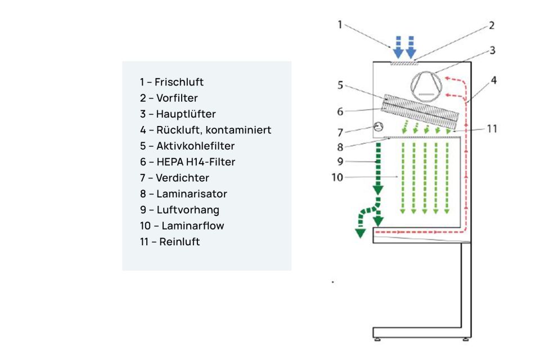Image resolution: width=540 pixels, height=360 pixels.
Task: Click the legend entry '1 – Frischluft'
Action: tap(172, 82)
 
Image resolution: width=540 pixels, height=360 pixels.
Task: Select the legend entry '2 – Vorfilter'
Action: tap(169, 98)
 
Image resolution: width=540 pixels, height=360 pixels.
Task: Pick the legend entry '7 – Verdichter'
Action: tap(174, 178)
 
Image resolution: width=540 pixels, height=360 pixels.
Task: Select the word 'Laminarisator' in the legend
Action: tap(191, 194)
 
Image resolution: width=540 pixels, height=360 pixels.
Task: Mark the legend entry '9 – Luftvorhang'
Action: tap(179, 210)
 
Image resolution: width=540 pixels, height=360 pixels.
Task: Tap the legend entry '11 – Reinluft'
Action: tap(170, 242)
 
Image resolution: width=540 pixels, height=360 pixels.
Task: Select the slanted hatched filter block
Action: tap(422, 111)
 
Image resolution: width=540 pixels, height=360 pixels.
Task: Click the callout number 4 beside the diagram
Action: tap(493, 80)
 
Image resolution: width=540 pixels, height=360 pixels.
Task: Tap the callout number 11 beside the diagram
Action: tap(492, 129)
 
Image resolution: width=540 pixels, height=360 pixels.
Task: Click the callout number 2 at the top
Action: tap(490, 25)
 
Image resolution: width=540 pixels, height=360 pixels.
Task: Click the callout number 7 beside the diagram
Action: tap(340, 133)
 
